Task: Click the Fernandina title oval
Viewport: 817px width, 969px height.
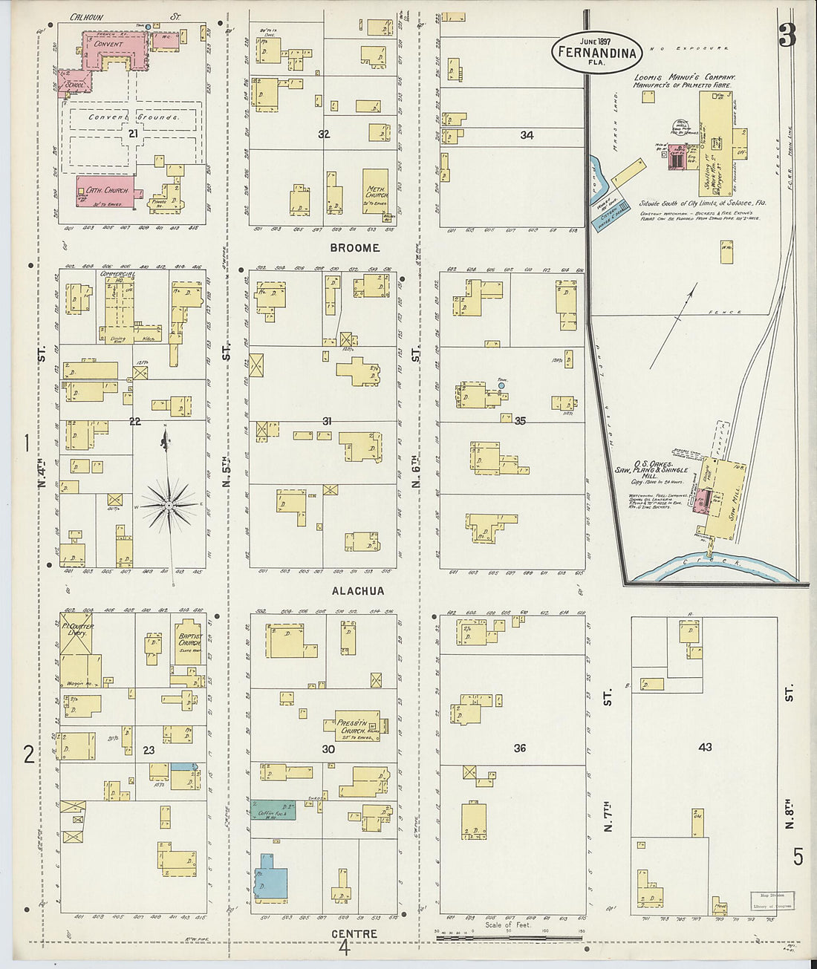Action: (x=596, y=51)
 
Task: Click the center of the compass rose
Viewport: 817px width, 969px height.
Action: (x=169, y=506)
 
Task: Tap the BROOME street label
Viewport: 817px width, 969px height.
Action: (x=354, y=248)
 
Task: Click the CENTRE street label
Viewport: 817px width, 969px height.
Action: (x=354, y=933)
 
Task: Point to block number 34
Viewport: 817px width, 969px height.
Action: (x=527, y=135)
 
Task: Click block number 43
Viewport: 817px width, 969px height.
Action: (x=704, y=747)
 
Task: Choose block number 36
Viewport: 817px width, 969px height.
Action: (x=519, y=748)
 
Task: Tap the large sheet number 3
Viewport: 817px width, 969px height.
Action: (x=787, y=35)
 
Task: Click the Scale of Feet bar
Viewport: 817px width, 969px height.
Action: (x=510, y=937)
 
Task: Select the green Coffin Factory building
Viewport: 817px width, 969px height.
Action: (x=273, y=809)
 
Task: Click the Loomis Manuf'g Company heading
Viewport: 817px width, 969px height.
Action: (x=683, y=78)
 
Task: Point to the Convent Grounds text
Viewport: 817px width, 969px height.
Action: (x=134, y=117)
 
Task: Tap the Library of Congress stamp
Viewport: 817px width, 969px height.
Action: (x=772, y=901)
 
